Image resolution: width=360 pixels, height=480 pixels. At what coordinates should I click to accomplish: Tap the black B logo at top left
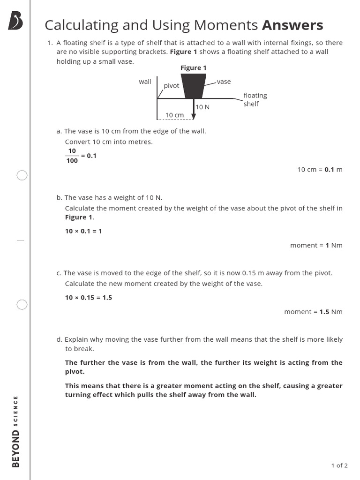[x=15, y=22]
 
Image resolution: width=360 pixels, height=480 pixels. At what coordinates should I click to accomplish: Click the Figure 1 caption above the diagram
[x=194, y=68]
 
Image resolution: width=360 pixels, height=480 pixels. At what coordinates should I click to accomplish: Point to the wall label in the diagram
[x=145, y=82]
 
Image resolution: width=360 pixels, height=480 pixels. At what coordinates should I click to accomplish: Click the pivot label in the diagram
[x=172, y=86]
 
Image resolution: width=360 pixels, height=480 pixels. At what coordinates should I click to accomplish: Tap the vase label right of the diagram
[x=224, y=82]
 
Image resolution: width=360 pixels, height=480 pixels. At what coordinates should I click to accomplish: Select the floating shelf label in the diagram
[x=255, y=99]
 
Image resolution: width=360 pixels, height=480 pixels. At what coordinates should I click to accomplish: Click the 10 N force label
[x=202, y=107]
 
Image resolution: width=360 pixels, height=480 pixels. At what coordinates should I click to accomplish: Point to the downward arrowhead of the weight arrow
[x=194, y=116]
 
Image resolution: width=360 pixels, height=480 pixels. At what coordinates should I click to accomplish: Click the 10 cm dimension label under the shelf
[x=174, y=115]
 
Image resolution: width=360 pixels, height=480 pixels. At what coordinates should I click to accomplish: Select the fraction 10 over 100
[x=72, y=156]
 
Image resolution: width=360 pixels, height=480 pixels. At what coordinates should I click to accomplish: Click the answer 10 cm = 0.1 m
[x=320, y=169]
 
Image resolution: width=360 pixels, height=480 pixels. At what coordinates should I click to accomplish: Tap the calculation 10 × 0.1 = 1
[x=83, y=231]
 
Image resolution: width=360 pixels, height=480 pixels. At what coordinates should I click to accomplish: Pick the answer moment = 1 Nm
[x=316, y=245]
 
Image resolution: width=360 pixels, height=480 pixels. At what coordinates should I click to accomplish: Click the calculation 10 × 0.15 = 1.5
[x=89, y=298]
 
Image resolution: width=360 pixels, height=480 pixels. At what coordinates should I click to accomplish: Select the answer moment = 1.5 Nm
[x=313, y=312]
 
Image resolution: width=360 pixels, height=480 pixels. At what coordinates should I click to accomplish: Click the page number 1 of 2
[x=339, y=465]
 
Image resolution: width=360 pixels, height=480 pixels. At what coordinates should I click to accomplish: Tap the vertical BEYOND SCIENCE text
[x=15, y=431]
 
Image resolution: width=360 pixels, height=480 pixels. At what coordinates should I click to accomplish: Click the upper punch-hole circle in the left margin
[x=22, y=176]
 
